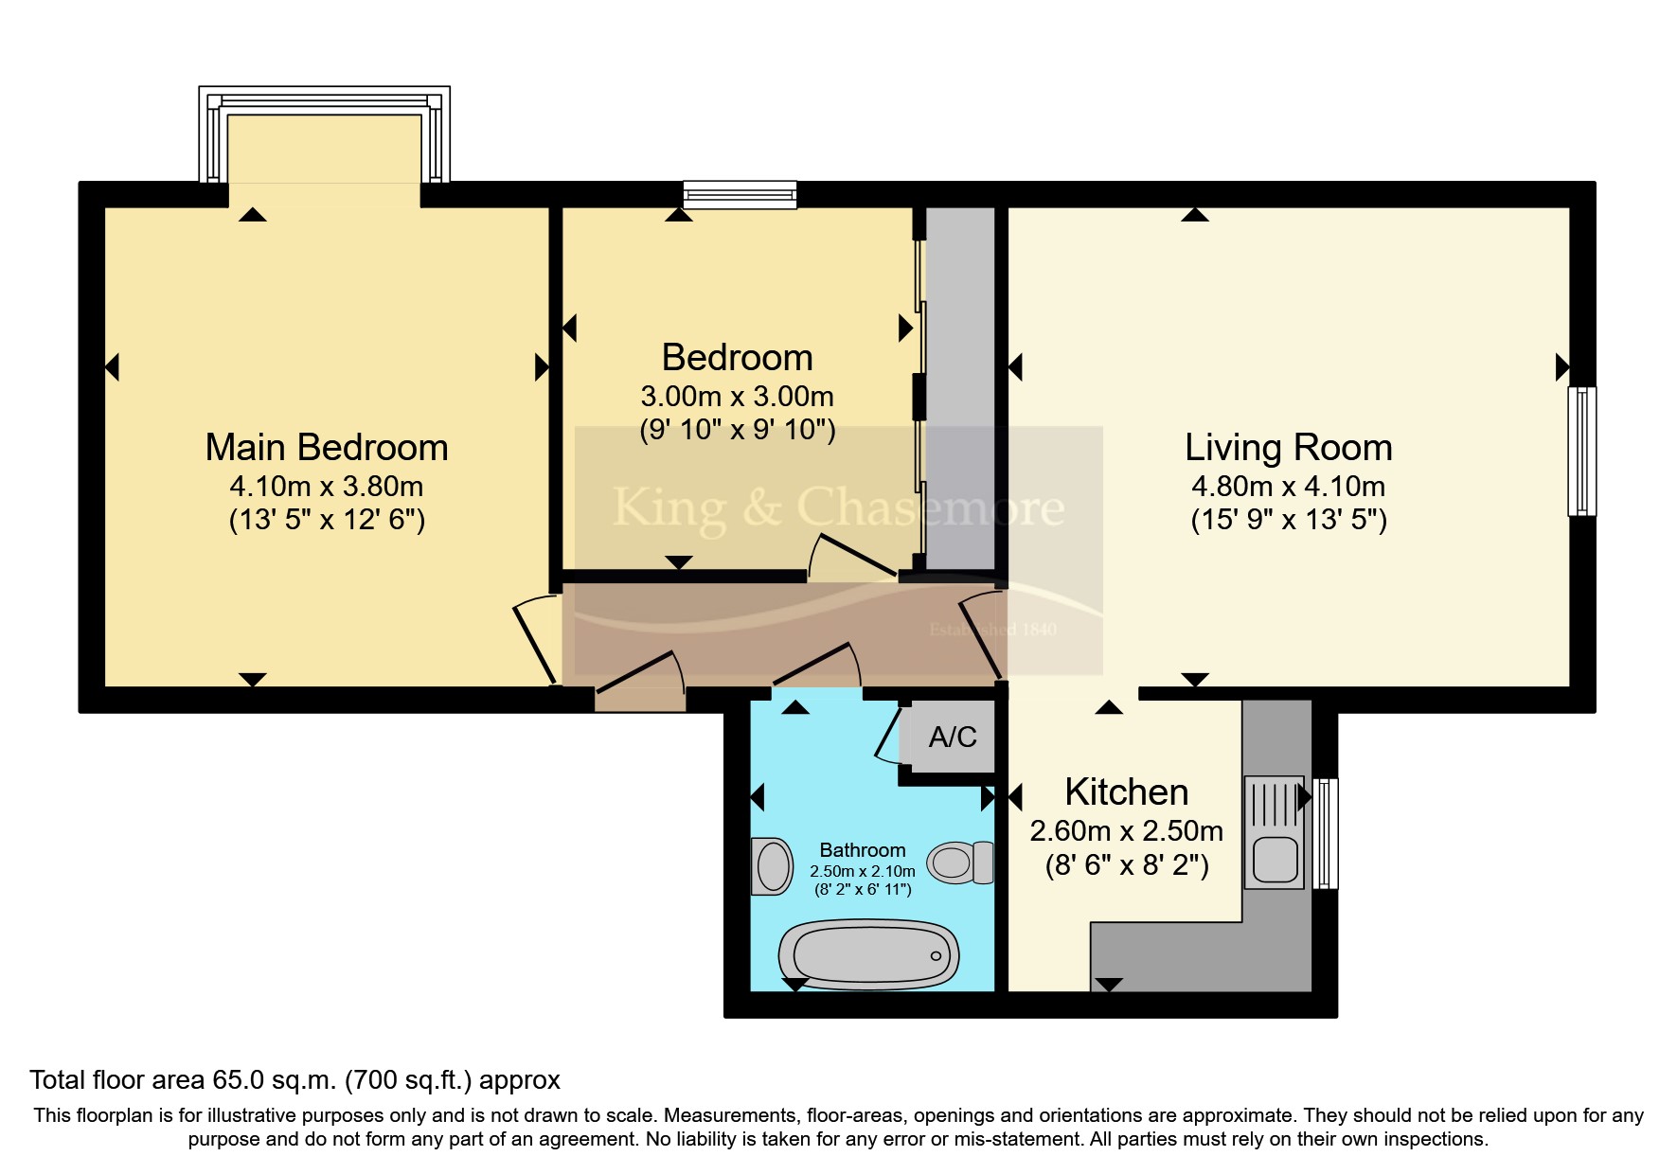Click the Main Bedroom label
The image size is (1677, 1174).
[x=327, y=447]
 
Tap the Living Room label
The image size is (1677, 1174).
[x=1289, y=447]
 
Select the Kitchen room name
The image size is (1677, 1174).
[x=1127, y=792]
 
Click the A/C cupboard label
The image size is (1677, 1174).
[x=953, y=738]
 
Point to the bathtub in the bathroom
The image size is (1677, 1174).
[x=868, y=953]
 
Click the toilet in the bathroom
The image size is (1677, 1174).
[x=960, y=862]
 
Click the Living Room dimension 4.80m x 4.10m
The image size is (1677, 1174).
[x=1288, y=487]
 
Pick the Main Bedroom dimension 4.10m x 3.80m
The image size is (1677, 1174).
[x=327, y=487]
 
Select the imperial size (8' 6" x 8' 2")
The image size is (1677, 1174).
[x=1127, y=865]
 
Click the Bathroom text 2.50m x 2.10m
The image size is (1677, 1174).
[x=863, y=871]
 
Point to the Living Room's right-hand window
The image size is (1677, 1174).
[x=1581, y=451]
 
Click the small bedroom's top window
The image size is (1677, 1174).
[x=740, y=195]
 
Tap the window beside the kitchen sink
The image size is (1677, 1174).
[x=1326, y=833]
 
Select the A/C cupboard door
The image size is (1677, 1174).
[x=889, y=734]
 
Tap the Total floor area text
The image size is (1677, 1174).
[x=294, y=1080]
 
